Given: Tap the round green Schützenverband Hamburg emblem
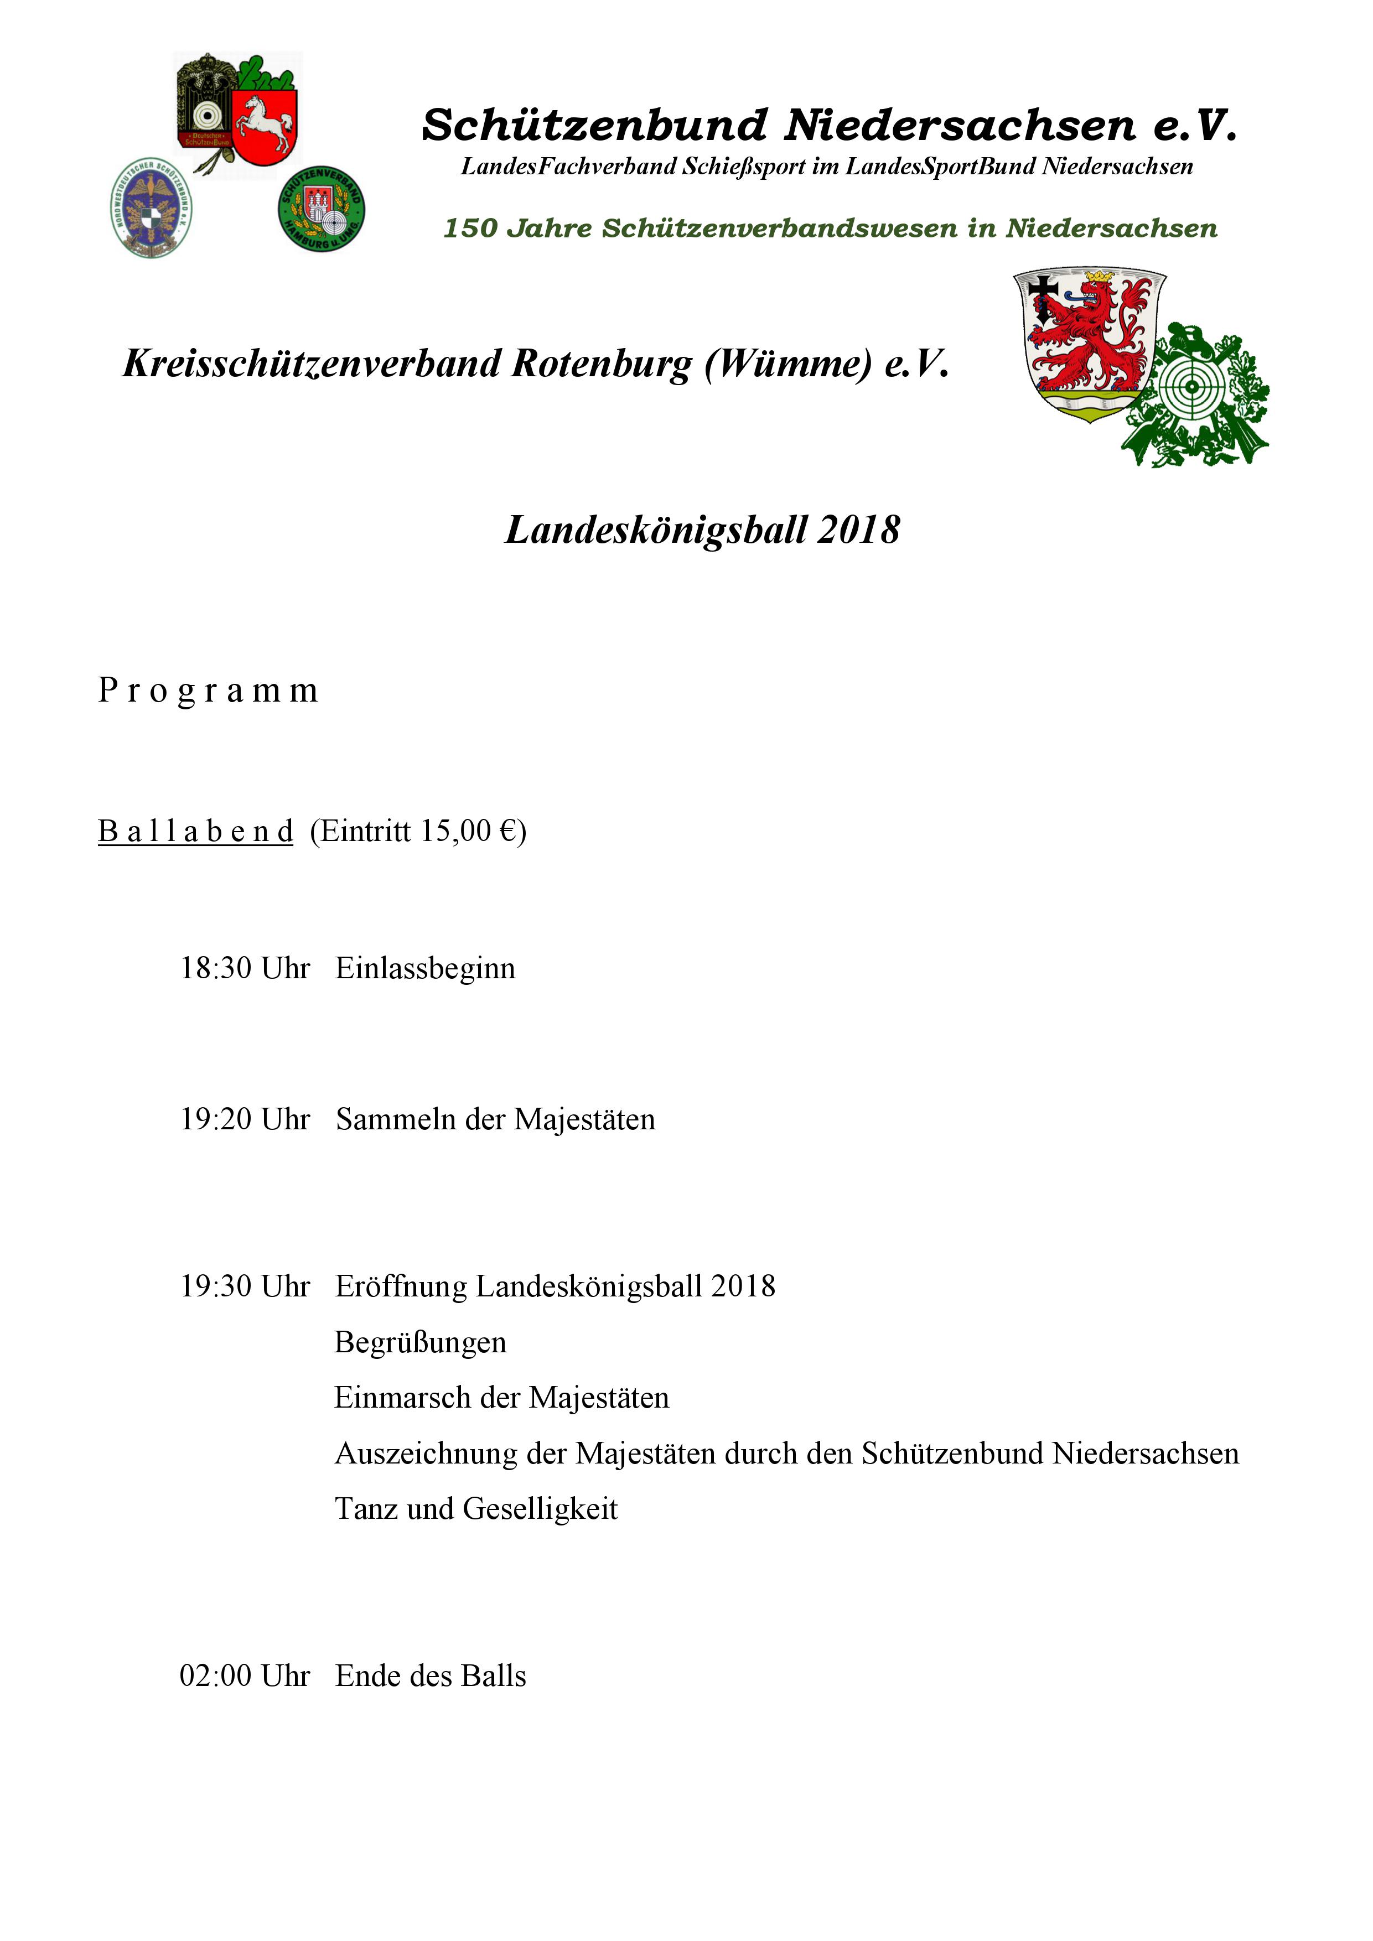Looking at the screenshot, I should pos(322,209).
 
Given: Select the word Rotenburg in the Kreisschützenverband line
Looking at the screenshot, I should pos(601,365).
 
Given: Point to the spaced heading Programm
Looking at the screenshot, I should pos(208,691).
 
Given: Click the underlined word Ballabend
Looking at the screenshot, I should pos(195,831).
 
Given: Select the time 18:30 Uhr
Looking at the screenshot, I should pos(245,968).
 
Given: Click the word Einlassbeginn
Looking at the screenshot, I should pos(425,968).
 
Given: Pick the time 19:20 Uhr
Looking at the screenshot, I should pos(245,1119).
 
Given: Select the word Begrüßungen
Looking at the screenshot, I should pos(420,1342).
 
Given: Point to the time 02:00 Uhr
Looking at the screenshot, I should pos(245,1675).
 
